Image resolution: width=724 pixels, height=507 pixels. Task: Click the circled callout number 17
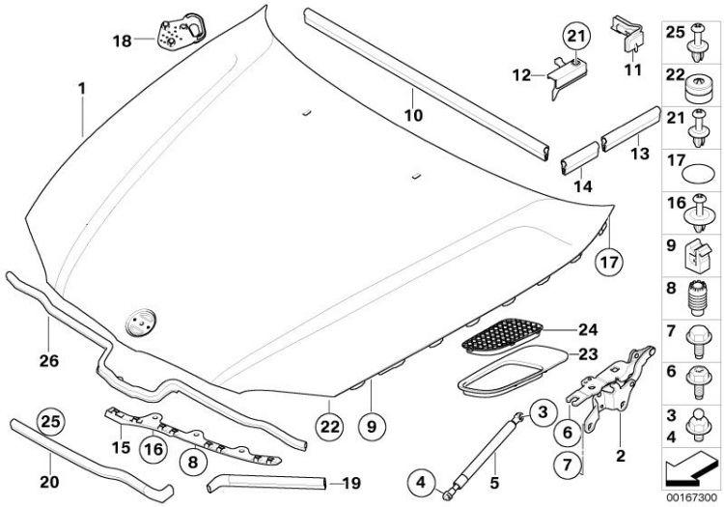(x=608, y=262)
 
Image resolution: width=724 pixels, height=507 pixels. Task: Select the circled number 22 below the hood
(x=330, y=427)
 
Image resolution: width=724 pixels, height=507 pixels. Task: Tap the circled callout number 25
(x=51, y=422)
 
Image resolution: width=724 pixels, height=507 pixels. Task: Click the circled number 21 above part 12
(x=575, y=36)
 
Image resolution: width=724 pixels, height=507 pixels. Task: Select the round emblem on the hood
(x=140, y=321)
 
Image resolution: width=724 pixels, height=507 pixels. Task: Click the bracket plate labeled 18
(x=181, y=31)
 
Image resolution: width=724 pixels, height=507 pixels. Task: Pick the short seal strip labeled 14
(x=579, y=158)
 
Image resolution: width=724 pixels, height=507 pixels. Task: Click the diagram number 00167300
(x=691, y=497)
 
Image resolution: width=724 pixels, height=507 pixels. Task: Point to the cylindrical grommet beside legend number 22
(x=696, y=90)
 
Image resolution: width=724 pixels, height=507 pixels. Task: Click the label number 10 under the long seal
(x=413, y=115)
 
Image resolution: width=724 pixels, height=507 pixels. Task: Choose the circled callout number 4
(x=421, y=483)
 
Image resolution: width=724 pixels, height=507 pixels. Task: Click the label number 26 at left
(x=49, y=360)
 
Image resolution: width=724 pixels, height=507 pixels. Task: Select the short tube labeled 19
(x=267, y=483)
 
